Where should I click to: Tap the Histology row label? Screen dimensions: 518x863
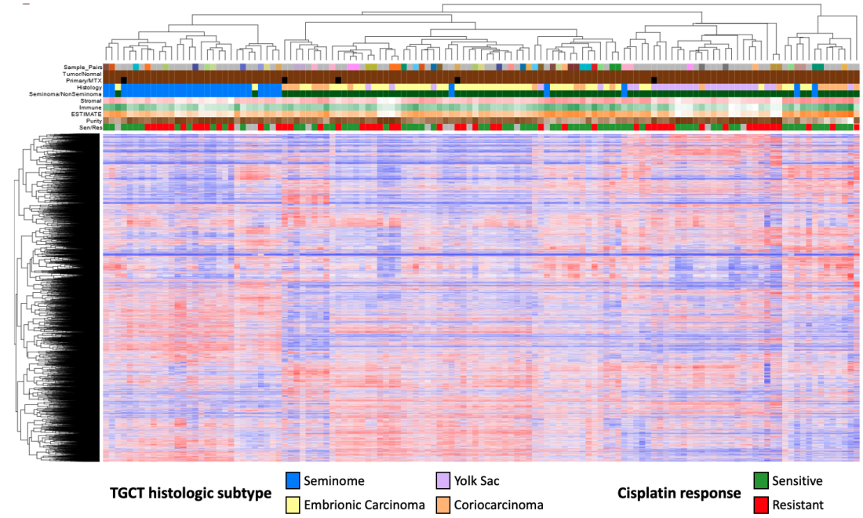tap(89, 87)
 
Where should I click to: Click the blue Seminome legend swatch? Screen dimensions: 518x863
tap(293, 480)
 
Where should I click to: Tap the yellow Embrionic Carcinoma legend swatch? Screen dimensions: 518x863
tap(293, 505)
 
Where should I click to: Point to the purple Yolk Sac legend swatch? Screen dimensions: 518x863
tap(442, 480)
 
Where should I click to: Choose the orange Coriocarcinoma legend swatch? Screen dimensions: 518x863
tap(442, 505)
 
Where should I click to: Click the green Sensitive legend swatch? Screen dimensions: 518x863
tap(759, 480)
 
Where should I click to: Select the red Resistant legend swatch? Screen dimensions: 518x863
tap(759, 505)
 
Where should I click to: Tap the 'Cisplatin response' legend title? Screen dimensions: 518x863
tap(679, 494)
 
